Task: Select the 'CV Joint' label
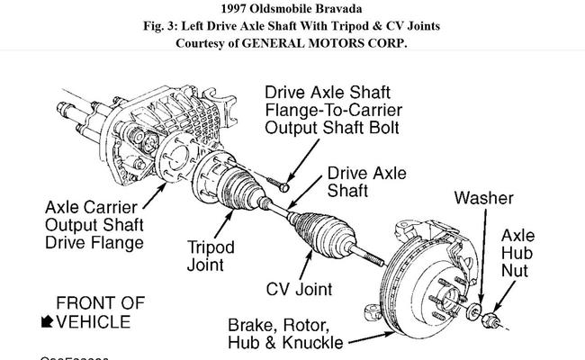[x=299, y=289]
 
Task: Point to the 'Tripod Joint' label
[x=211, y=256]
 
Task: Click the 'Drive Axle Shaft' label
[x=365, y=182]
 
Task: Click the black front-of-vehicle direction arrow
[x=46, y=322]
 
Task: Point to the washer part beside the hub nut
[x=475, y=310]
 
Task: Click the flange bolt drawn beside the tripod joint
[x=284, y=185]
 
